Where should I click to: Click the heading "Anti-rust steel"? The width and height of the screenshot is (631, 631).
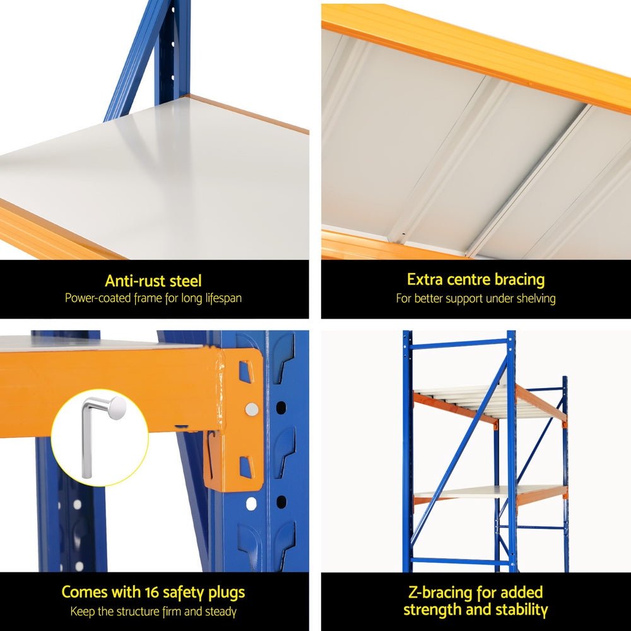point(153,281)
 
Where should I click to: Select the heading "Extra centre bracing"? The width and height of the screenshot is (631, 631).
point(476,280)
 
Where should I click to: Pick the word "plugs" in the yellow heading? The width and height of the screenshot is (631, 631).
point(222,593)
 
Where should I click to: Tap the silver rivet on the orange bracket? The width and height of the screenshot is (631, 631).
point(252,409)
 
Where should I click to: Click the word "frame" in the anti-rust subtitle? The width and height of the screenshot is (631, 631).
point(148,298)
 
